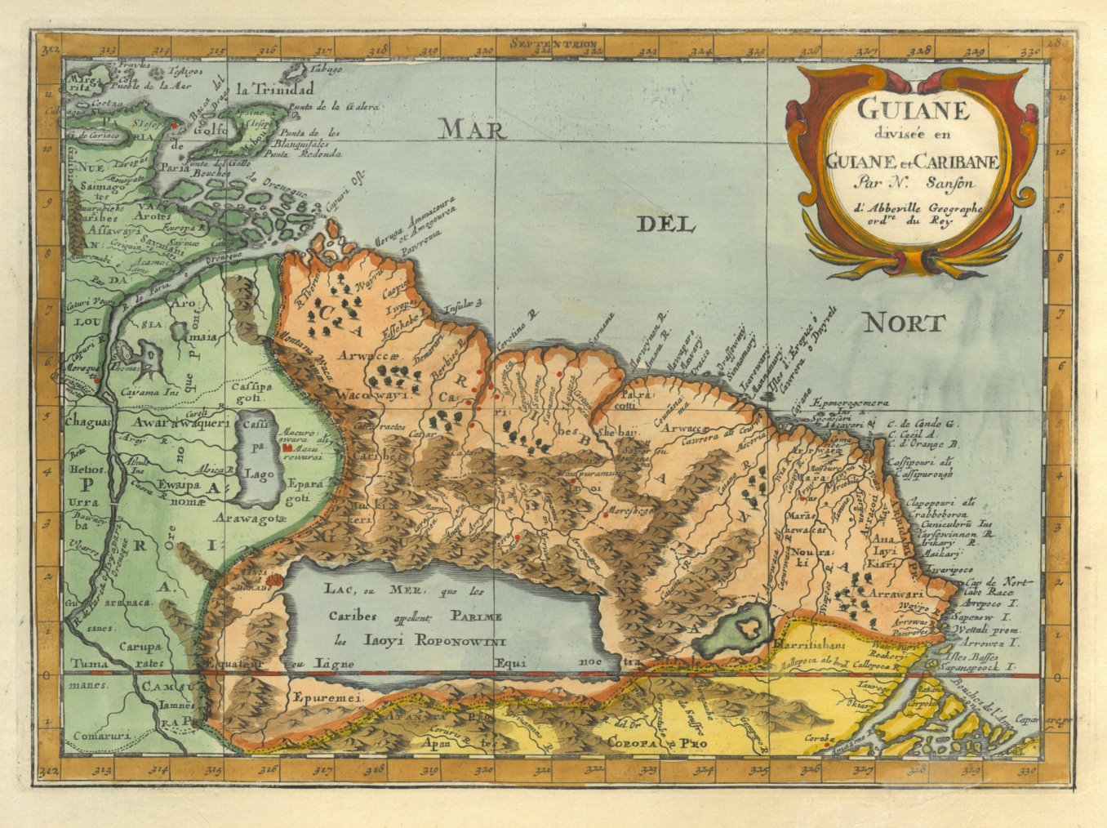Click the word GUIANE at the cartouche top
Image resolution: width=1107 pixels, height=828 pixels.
click(x=913, y=110)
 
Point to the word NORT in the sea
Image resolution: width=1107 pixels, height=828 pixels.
click(x=905, y=323)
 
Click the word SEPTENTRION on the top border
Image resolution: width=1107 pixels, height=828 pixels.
click(x=552, y=44)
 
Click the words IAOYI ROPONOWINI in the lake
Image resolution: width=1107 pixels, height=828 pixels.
click(x=433, y=640)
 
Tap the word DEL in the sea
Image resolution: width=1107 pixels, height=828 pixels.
click(x=665, y=224)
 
